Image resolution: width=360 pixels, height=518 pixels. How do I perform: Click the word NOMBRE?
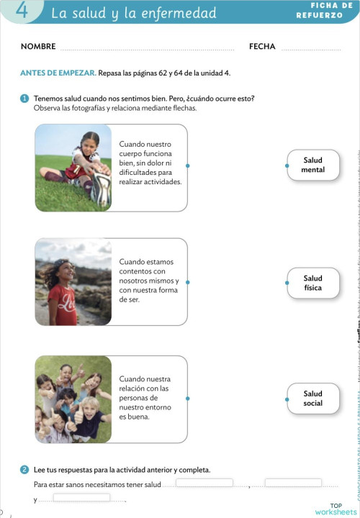[38, 47]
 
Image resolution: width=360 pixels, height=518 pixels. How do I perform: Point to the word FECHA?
[262, 47]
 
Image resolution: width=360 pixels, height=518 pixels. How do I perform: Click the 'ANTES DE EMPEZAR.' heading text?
[58, 73]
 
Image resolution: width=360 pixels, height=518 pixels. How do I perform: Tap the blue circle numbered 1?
[24, 99]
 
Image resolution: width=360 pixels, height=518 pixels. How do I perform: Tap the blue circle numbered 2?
[24, 470]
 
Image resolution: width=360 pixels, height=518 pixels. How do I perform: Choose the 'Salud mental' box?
[313, 165]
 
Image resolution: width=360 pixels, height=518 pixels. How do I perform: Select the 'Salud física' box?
[313, 283]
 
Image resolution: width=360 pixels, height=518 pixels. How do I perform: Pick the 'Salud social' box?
[313, 399]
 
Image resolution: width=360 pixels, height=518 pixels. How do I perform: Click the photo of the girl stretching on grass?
[73, 167]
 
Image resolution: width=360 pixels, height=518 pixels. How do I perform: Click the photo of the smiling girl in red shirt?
[73, 282]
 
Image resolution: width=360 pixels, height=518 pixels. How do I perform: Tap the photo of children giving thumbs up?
[73, 399]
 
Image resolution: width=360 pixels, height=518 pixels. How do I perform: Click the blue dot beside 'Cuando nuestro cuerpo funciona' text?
[188, 165]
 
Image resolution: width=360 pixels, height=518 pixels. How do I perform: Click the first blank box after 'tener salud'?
[204, 483]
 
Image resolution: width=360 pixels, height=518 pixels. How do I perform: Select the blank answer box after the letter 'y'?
[81, 497]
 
